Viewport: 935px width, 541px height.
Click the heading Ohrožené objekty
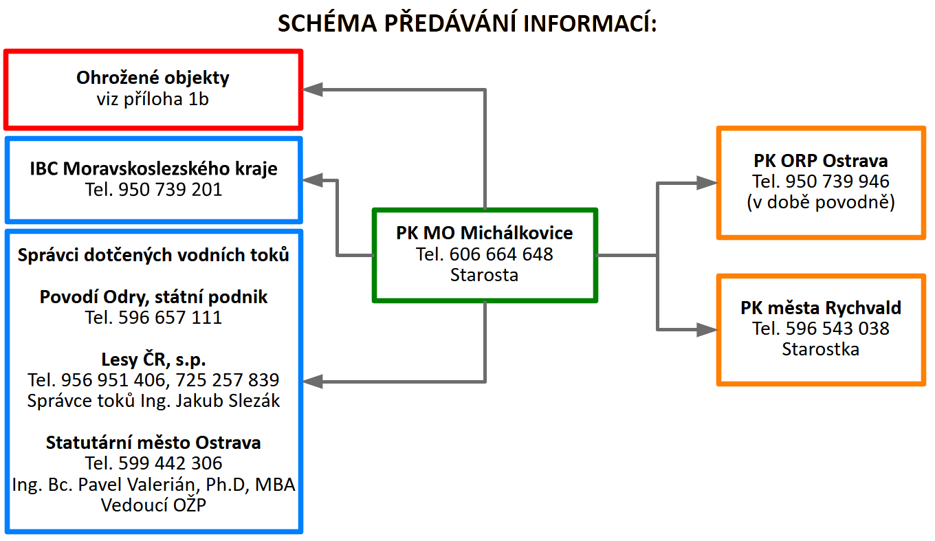coord(153,78)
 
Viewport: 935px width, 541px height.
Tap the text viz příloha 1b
coord(153,99)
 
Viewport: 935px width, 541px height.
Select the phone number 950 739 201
coord(170,190)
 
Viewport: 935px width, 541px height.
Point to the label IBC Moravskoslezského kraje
coord(153,168)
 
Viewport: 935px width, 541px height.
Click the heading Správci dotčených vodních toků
coord(153,255)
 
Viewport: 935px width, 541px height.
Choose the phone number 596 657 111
coord(170,318)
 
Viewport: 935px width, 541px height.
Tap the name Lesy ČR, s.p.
coord(153,359)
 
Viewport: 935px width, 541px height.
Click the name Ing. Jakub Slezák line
coord(153,401)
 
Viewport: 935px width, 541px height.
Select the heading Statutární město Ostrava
coord(153,443)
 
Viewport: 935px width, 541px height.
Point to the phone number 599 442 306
coord(170,463)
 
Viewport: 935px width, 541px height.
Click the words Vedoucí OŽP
coord(153,505)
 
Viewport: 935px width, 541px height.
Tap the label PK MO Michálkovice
coord(484,233)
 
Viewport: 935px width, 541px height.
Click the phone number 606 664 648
coord(501,254)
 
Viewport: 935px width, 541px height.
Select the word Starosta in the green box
coord(484,275)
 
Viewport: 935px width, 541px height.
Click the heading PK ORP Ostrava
coord(820,161)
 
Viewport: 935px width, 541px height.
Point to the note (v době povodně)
coord(820,203)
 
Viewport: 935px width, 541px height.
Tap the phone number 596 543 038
coord(837,329)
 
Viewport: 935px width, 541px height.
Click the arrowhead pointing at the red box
coord(313,89)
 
